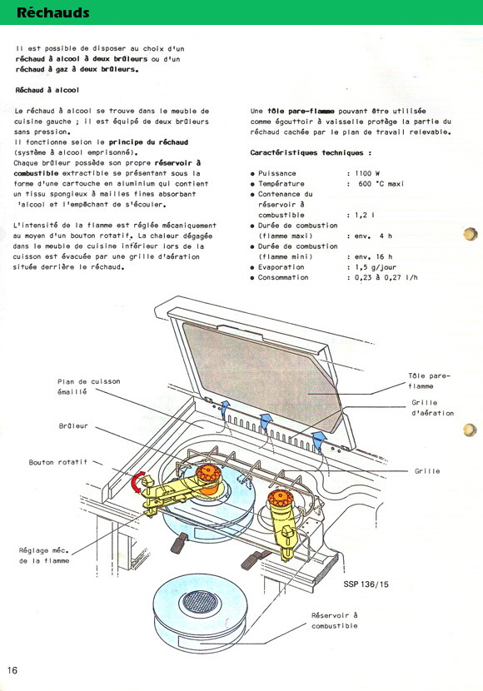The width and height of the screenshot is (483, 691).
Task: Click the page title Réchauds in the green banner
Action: tap(53, 12)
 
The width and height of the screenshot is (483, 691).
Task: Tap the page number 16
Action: tap(12, 670)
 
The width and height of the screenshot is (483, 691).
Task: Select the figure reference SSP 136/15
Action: tap(366, 584)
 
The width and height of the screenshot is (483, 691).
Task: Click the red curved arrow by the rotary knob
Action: tap(137, 482)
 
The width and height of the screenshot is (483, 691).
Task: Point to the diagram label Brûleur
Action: tap(73, 426)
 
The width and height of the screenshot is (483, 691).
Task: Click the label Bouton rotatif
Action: tap(57, 462)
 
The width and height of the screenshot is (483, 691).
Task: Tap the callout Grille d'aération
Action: tap(432, 408)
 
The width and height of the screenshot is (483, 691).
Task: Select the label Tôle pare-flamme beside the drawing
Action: tap(429, 380)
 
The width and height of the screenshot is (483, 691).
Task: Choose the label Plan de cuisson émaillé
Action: tap(88, 386)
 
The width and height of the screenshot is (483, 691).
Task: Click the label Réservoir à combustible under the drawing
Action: tap(335, 620)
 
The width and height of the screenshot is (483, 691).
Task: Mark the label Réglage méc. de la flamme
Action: tap(44, 555)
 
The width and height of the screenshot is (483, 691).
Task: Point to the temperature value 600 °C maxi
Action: tap(381, 184)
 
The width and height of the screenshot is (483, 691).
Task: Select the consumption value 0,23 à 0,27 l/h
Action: tap(386, 277)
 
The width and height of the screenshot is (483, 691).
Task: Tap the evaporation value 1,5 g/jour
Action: tap(376, 267)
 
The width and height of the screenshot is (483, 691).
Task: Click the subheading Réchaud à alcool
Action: tap(47, 90)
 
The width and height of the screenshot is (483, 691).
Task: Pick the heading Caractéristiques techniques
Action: tap(311, 153)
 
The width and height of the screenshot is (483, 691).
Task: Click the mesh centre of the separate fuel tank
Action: tap(200, 602)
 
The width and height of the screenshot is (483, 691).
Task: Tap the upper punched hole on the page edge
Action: tap(471, 234)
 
